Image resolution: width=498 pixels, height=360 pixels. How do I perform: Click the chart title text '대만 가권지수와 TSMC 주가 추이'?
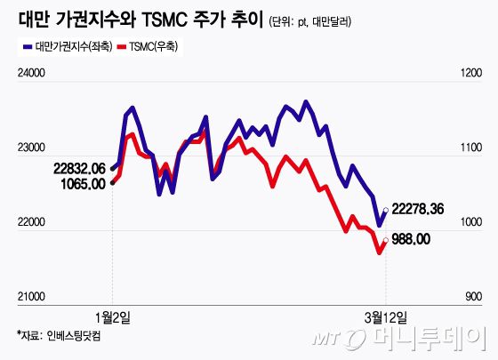click(x=138, y=19)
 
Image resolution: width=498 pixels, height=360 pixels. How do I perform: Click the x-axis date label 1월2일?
click(x=112, y=316)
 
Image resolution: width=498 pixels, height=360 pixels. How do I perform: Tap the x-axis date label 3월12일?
click(x=385, y=316)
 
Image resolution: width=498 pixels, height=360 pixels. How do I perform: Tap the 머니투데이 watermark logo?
click(x=414, y=339)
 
